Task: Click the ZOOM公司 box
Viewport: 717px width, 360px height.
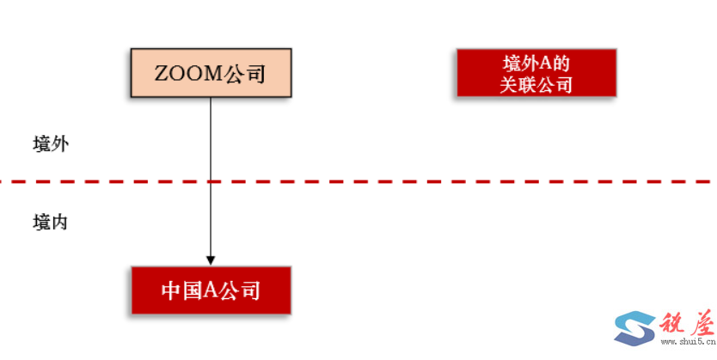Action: tap(210, 74)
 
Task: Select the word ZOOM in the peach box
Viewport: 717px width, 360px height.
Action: tap(188, 75)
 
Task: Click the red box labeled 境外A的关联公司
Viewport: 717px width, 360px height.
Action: tap(536, 73)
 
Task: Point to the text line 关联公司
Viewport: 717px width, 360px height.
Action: tap(536, 84)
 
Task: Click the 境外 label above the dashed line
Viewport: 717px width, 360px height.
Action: tap(50, 143)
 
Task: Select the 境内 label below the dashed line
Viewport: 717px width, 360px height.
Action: tap(50, 222)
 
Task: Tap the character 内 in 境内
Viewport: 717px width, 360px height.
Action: tap(59, 222)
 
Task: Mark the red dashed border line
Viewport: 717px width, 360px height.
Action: tap(430, 181)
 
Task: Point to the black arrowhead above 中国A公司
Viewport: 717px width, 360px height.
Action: tap(211, 259)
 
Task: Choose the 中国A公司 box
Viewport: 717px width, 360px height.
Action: tap(210, 290)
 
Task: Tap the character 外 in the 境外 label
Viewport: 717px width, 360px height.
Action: tap(59, 143)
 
